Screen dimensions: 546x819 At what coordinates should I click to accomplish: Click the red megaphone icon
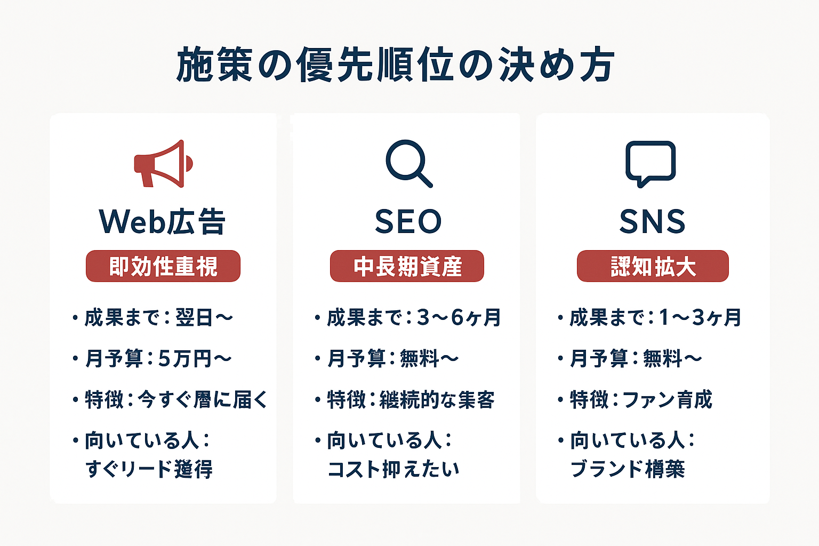163,164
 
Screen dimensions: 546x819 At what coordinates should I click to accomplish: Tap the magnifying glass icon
408,163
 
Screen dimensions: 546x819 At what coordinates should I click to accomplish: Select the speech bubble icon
651,163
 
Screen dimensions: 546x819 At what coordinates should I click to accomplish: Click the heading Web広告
163,221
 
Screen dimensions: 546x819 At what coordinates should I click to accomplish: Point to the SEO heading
408,221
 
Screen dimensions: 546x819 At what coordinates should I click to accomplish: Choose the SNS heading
652,221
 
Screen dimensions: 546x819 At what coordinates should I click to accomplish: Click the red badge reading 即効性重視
163,266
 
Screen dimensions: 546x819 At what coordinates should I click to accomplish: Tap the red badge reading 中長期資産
407,266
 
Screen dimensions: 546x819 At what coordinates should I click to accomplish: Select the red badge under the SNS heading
653,266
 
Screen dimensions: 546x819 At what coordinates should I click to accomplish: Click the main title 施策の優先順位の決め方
395,65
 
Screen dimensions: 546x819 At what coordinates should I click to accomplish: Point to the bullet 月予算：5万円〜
158,358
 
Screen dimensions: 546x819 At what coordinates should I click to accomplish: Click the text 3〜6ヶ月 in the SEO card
459,318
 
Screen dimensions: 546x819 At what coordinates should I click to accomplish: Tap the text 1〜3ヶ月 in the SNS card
700,318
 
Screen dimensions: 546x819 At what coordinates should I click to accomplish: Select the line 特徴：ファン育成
641,399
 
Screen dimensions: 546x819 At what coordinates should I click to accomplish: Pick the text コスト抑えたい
393,469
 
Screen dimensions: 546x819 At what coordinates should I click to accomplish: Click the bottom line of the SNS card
628,469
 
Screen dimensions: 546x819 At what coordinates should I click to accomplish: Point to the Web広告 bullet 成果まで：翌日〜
158,318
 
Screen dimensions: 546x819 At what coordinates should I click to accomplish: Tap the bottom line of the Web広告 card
149,469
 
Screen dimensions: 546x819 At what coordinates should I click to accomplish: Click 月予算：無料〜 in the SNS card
636,358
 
